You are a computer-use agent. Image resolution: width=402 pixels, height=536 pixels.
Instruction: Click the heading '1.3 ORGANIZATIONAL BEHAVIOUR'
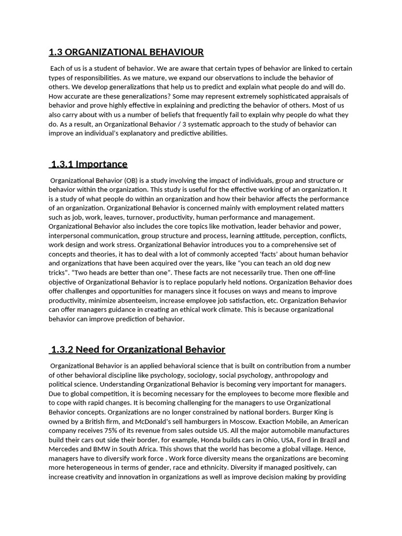(126, 52)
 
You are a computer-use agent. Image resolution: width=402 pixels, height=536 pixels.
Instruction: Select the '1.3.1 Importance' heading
(89, 164)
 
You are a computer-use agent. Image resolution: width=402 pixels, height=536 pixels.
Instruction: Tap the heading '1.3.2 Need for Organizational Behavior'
(138, 349)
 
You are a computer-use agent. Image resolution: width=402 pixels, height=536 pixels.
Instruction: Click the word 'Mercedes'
(65, 450)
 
